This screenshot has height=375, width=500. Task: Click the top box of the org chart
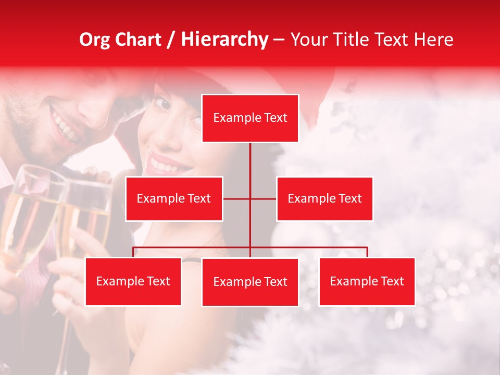pyautogui.click(x=250, y=118)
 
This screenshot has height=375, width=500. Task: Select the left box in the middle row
pyautogui.click(x=174, y=198)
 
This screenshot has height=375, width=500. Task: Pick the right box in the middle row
pyautogui.click(x=324, y=198)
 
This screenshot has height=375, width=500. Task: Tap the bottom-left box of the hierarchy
pyautogui.click(x=133, y=281)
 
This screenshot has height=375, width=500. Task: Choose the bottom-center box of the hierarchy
pyautogui.click(x=250, y=282)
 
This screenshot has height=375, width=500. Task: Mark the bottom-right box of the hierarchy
pyautogui.click(x=367, y=281)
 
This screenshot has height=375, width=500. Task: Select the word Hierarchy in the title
pyautogui.click(x=224, y=40)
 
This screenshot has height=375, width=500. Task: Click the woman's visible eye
pyautogui.click(x=163, y=104)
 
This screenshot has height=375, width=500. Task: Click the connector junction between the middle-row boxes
pyautogui.click(x=250, y=198)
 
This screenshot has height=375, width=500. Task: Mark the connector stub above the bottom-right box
pyautogui.click(x=367, y=252)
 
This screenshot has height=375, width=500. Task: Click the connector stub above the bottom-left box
pyautogui.click(x=133, y=252)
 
